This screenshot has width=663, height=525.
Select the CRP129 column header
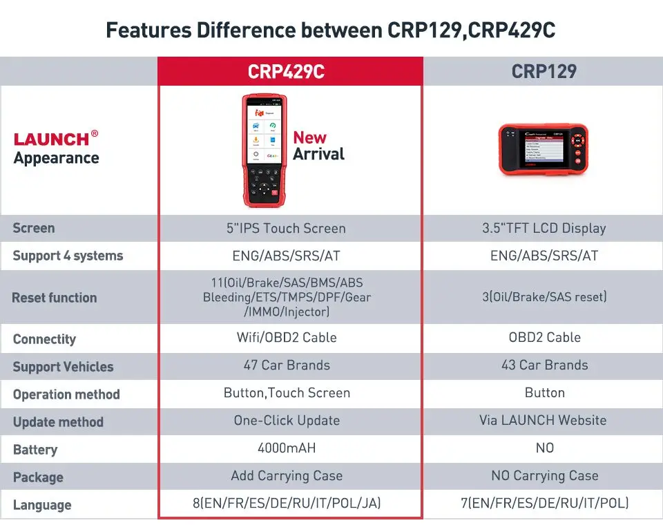(x=544, y=72)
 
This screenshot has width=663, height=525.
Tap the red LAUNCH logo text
(x=52, y=139)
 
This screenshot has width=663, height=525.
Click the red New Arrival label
(x=318, y=146)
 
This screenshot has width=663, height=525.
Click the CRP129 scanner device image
(x=544, y=150)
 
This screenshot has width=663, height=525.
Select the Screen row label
(x=33, y=228)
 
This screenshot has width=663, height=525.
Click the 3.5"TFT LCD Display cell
(x=544, y=228)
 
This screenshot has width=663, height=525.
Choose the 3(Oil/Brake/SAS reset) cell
(x=544, y=297)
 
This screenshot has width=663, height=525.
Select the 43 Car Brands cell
(x=544, y=365)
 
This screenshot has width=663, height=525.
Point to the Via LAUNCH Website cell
(x=544, y=421)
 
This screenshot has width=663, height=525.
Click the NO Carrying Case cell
(x=544, y=476)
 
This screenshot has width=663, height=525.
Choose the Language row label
(x=41, y=505)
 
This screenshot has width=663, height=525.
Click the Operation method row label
(x=66, y=394)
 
